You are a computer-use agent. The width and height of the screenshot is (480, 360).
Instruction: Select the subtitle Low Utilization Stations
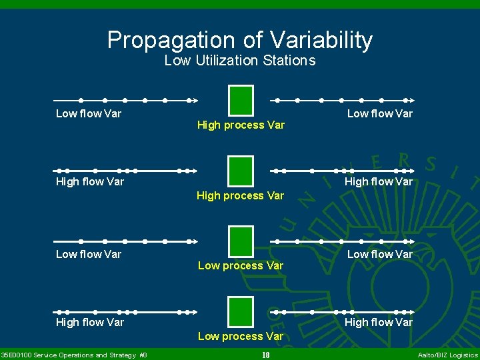tap(240, 61)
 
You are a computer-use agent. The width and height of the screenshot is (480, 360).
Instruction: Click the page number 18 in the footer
tap(265, 355)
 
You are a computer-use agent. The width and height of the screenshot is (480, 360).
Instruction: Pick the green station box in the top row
tap(241, 101)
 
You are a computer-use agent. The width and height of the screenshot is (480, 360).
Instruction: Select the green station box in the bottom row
tap(241, 312)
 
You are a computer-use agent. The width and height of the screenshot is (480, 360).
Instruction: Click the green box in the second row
tap(241, 171)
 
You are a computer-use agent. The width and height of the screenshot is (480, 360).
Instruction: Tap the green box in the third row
tap(241, 241)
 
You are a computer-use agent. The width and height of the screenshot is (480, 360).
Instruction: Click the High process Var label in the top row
tap(241, 125)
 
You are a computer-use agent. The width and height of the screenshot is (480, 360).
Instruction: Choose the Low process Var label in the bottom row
tap(241, 336)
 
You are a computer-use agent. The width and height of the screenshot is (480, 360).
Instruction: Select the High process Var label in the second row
tap(240, 195)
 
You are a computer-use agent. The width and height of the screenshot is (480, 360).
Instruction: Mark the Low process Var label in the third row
tap(241, 265)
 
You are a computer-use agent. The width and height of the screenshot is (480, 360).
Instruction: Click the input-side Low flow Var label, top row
tap(89, 113)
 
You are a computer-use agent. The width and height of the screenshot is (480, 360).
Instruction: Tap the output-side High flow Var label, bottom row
tap(378, 322)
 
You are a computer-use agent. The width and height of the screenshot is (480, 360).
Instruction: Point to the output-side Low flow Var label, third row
tap(379, 254)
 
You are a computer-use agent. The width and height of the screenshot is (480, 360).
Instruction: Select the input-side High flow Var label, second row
tap(90, 181)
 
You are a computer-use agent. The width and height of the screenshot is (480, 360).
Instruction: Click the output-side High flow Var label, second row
tap(378, 181)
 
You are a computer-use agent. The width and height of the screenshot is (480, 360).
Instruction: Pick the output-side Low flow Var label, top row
tap(379, 113)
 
